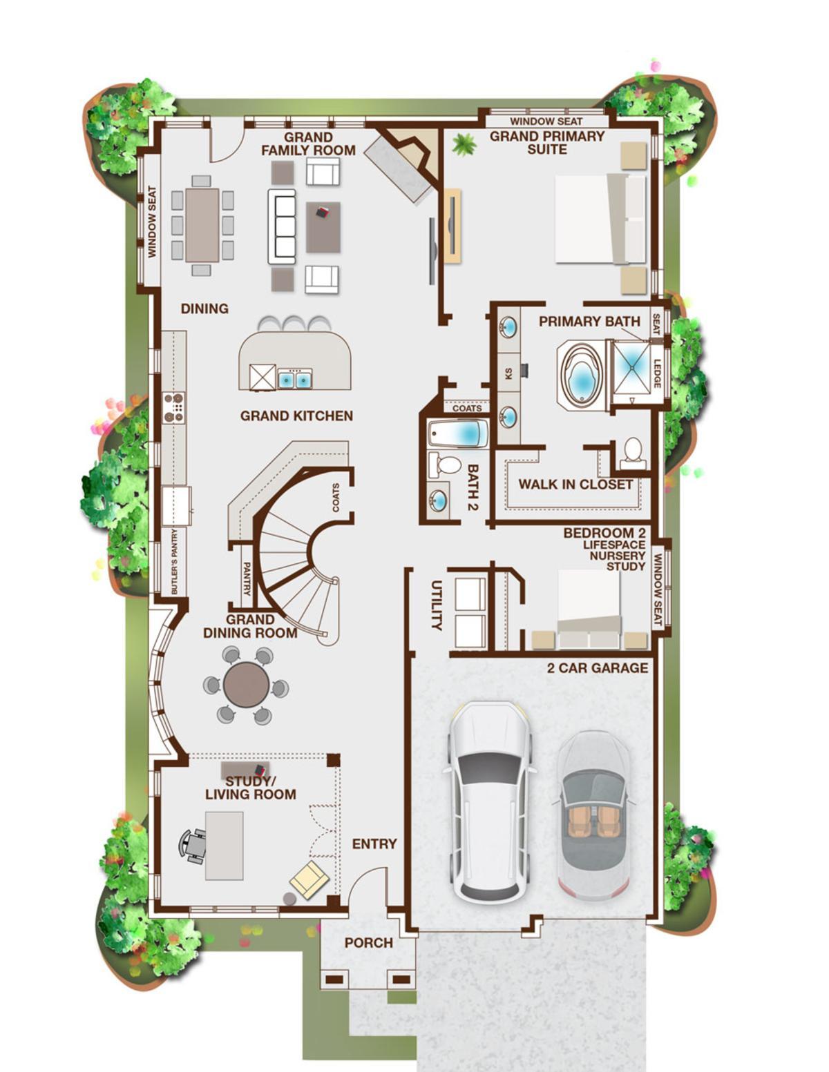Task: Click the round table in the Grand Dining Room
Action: [x=247, y=685]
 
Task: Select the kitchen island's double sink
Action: [x=295, y=379]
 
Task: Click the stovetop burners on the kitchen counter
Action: [x=174, y=407]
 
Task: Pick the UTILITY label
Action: [x=437, y=605]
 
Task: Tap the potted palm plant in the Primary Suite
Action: [x=464, y=144]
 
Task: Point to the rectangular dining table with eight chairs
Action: [x=202, y=225]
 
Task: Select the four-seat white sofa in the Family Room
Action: [x=282, y=226]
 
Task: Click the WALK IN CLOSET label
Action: [x=575, y=485]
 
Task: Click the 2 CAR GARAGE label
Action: [x=598, y=668]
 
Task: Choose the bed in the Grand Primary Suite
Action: [x=600, y=218]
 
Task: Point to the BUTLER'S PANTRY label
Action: [x=174, y=562]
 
